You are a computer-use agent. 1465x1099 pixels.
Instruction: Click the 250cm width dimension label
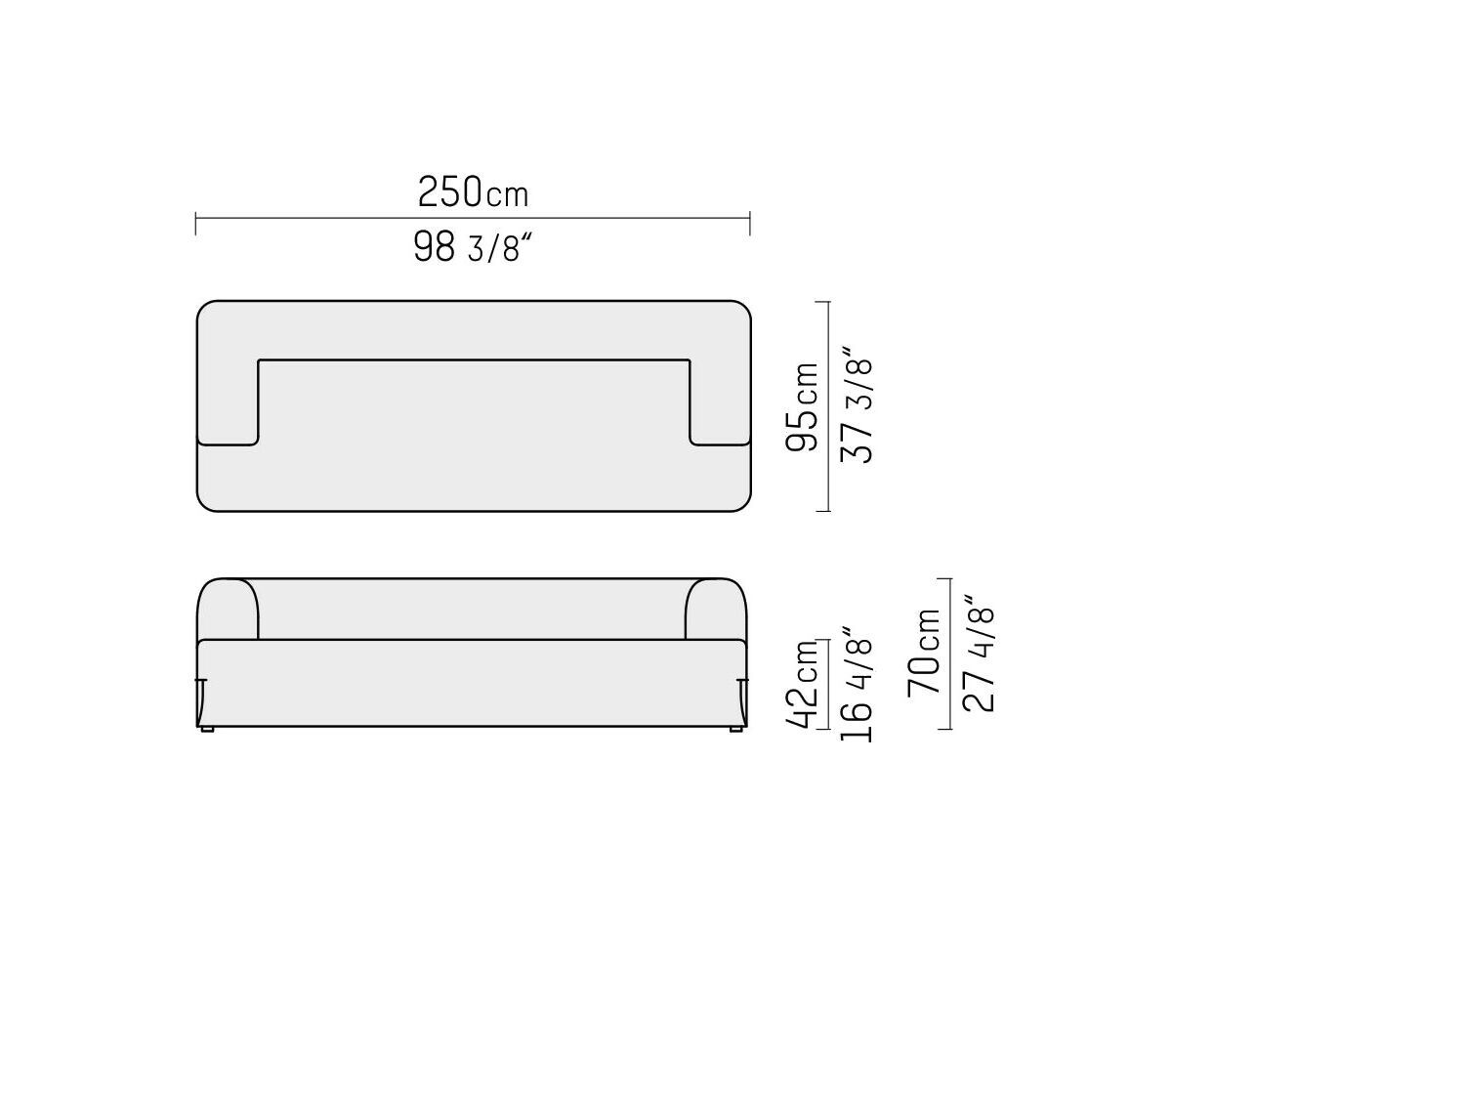(473, 191)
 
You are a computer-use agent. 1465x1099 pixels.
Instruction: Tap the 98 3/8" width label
(473, 246)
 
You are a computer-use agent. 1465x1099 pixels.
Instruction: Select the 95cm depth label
(802, 406)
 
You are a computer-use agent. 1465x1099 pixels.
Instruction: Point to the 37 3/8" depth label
(857, 404)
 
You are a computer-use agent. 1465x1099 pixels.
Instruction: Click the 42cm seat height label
(802, 685)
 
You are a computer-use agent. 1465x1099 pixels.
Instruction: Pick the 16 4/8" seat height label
(857, 684)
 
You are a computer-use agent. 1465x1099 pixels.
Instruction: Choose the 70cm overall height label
(924, 654)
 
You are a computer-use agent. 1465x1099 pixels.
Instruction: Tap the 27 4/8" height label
(979, 654)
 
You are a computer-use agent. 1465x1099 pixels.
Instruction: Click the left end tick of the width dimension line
(195, 223)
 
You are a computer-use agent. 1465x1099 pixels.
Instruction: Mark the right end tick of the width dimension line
(749, 223)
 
